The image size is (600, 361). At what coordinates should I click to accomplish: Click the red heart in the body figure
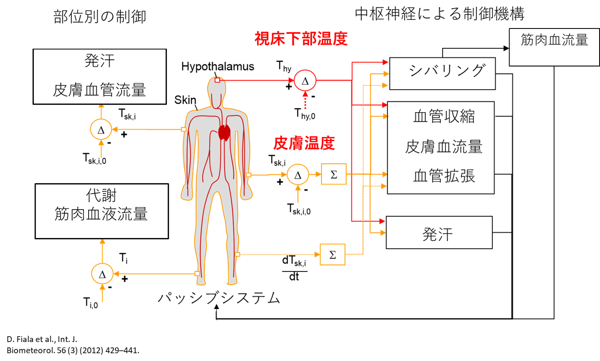click(225, 132)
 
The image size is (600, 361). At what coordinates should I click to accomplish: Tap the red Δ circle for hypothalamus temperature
click(305, 81)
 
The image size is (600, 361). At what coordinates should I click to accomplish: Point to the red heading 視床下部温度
click(300, 39)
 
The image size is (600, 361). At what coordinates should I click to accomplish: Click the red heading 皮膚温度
click(304, 143)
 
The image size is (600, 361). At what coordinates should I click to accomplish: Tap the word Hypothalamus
click(217, 66)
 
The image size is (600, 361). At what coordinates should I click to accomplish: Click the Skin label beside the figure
click(185, 100)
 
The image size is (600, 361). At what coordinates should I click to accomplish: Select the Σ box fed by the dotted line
click(333, 255)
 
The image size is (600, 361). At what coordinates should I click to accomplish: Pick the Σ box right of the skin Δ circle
click(334, 174)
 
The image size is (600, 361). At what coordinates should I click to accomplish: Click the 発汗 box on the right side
click(439, 233)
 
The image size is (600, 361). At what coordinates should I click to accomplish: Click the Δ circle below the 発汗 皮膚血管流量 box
click(101, 130)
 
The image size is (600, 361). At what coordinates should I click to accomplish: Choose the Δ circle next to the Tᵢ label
click(102, 274)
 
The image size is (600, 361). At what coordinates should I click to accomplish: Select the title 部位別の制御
click(100, 17)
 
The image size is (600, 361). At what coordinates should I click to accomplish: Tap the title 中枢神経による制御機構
click(439, 14)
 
